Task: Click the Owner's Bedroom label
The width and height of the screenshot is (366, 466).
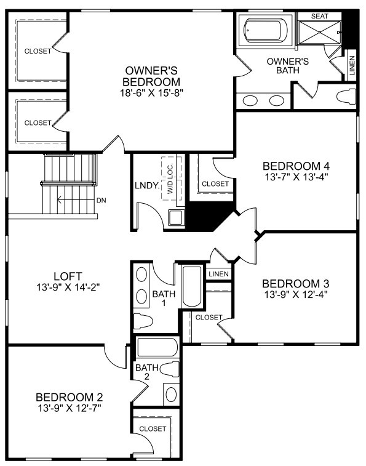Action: pyautogui.click(x=151, y=76)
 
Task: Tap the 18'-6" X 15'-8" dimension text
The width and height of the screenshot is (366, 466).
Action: pyautogui.click(x=151, y=92)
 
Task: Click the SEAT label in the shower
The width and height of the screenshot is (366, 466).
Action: pyautogui.click(x=320, y=16)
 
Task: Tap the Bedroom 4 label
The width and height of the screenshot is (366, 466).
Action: pyautogui.click(x=296, y=166)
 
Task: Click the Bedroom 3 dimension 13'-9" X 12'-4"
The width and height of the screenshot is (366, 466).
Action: pyautogui.click(x=296, y=295)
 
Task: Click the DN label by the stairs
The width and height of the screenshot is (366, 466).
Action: pyautogui.click(x=101, y=200)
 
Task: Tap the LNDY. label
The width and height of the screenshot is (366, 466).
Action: pyautogui.click(x=147, y=185)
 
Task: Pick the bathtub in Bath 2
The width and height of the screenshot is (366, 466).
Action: pyautogui.click(x=157, y=348)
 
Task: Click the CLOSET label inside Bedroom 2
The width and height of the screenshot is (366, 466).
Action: pyautogui.click(x=153, y=428)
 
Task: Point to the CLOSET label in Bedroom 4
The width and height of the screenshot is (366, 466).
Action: pyautogui.click(x=215, y=183)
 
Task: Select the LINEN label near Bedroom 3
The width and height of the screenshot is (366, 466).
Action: pyautogui.click(x=218, y=273)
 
